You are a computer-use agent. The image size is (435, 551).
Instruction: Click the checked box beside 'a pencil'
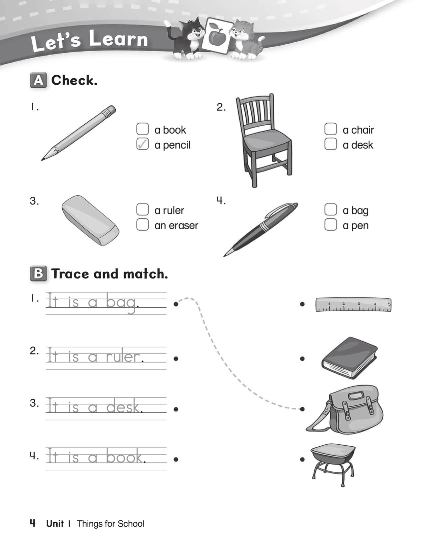(142, 144)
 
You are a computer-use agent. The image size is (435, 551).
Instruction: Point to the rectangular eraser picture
(90, 220)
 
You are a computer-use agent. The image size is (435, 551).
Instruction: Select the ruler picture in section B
(353, 305)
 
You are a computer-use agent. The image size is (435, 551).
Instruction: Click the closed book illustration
(349, 358)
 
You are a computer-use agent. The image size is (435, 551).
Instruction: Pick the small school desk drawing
(333, 461)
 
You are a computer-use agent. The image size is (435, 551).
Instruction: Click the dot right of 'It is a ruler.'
(176, 359)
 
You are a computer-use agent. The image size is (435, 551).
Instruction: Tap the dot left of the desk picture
(302, 459)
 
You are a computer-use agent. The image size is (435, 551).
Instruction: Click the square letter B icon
(38, 274)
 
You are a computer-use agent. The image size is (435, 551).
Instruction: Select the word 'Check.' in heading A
(74, 80)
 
